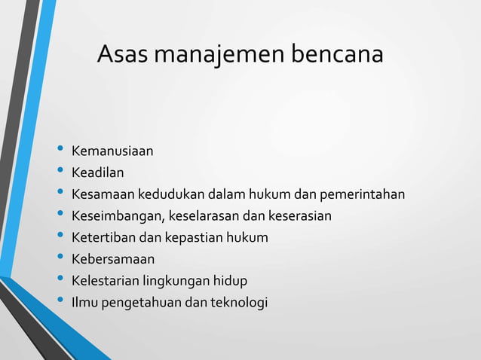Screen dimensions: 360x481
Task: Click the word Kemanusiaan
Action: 112,151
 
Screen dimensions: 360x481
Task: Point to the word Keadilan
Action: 97,173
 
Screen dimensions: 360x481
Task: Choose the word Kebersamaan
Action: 112,260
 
